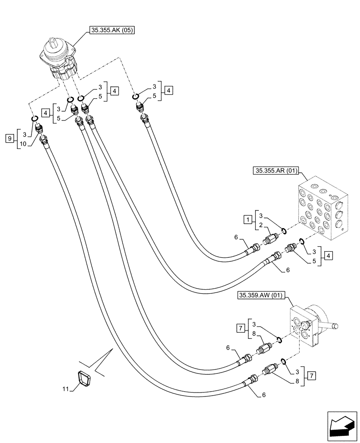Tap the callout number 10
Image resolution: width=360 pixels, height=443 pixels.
point(23,144)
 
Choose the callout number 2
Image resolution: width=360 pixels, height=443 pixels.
point(262,225)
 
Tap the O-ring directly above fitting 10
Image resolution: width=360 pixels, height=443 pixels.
point(34,119)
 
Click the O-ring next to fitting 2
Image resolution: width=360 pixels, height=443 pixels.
point(283,231)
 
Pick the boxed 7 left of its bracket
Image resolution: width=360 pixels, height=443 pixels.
point(241,328)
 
